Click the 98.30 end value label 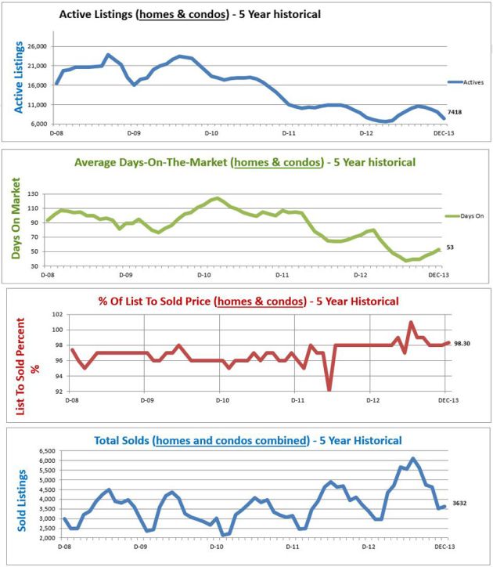[462, 343]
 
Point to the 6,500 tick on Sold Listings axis [46, 452]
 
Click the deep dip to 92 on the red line [329, 389]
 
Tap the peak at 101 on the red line [412, 322]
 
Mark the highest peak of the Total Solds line [413, 459]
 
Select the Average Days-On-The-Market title [244, 162]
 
